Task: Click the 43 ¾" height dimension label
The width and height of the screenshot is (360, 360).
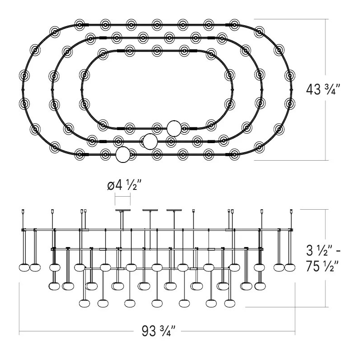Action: tap(323, 89)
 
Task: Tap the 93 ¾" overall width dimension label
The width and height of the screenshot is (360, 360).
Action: tap(158, 331)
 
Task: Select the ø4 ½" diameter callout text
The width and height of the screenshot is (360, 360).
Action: tap(124, 185)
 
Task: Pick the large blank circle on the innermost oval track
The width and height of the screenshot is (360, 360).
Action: tap(174, 128)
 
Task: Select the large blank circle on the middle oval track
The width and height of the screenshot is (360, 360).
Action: tap(150, 141)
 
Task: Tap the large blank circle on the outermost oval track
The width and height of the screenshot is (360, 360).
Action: tap(123, 155)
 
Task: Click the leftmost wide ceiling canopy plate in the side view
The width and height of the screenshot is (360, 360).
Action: tap(123, 210)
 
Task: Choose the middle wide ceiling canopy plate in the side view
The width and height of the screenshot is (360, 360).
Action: tap(150, 210)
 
